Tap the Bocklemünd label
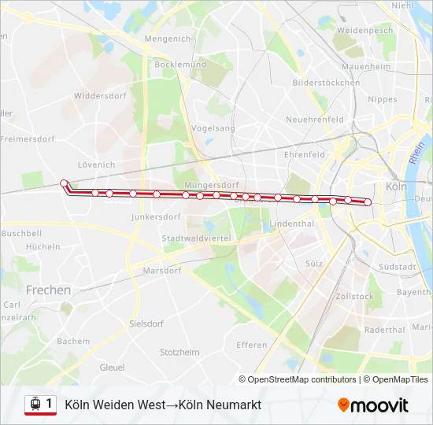pos(180,65)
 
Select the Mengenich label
pos(168,38)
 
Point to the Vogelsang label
pos(213,128)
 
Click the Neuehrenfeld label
pos(315,120)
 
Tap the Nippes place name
pos(383,99)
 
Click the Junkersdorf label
pos(150,216)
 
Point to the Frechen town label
pos(48,290)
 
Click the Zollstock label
pos(354,297)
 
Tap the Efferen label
pos(251,345)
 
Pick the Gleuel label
pos(112,367)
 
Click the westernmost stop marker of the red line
pos(64,183)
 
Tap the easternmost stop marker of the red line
pos(368,202)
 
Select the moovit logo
pos(373,405)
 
